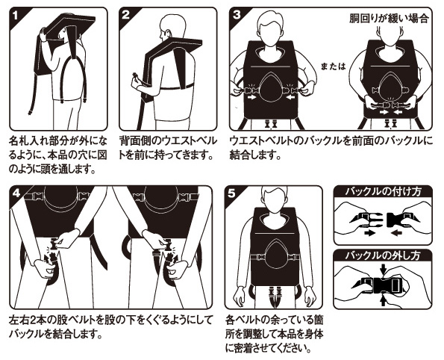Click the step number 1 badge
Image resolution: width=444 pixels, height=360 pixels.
(x=15, y=15)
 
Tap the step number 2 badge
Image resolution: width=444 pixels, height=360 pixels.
(x=125, y=15)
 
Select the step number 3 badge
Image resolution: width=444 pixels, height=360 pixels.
(x=236, y=15)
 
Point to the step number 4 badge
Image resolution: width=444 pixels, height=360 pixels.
(x=16, y=193)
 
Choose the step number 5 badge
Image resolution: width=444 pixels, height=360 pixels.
(x=231, y=193)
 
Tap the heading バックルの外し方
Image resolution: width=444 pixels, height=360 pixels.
(x=383, y=255)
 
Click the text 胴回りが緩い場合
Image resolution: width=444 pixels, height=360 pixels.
(x=389, y=19)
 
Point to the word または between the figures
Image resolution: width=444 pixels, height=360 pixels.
(x=334, y=66)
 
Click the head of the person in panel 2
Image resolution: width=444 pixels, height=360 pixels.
(x=172, y=26)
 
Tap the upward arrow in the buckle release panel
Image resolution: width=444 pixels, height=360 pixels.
(x=384, y=300)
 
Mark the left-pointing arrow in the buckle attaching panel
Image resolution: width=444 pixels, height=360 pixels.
(x=397, y=233)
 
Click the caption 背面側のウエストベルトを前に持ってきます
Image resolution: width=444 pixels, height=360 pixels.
(x=168, y=148)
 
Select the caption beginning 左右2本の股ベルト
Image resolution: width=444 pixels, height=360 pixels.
(x=110, y=327)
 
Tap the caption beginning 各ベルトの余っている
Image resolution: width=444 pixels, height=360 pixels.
(x=274, y=334)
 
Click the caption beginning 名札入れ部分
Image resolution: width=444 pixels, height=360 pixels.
(x=58, y=155)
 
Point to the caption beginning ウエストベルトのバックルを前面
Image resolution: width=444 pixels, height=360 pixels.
(x=331, y=148)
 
